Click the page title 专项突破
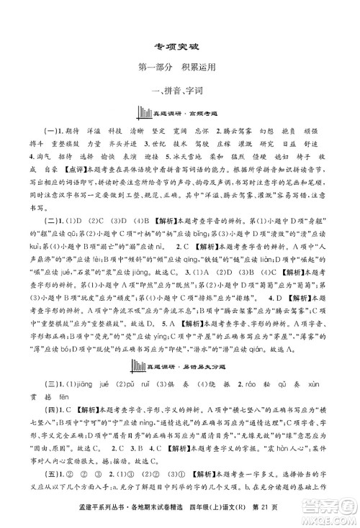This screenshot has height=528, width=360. pyautogui.click(x=180, y=43)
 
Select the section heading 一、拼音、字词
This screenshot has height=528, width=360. pyautogui.click(x=180, y=91)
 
